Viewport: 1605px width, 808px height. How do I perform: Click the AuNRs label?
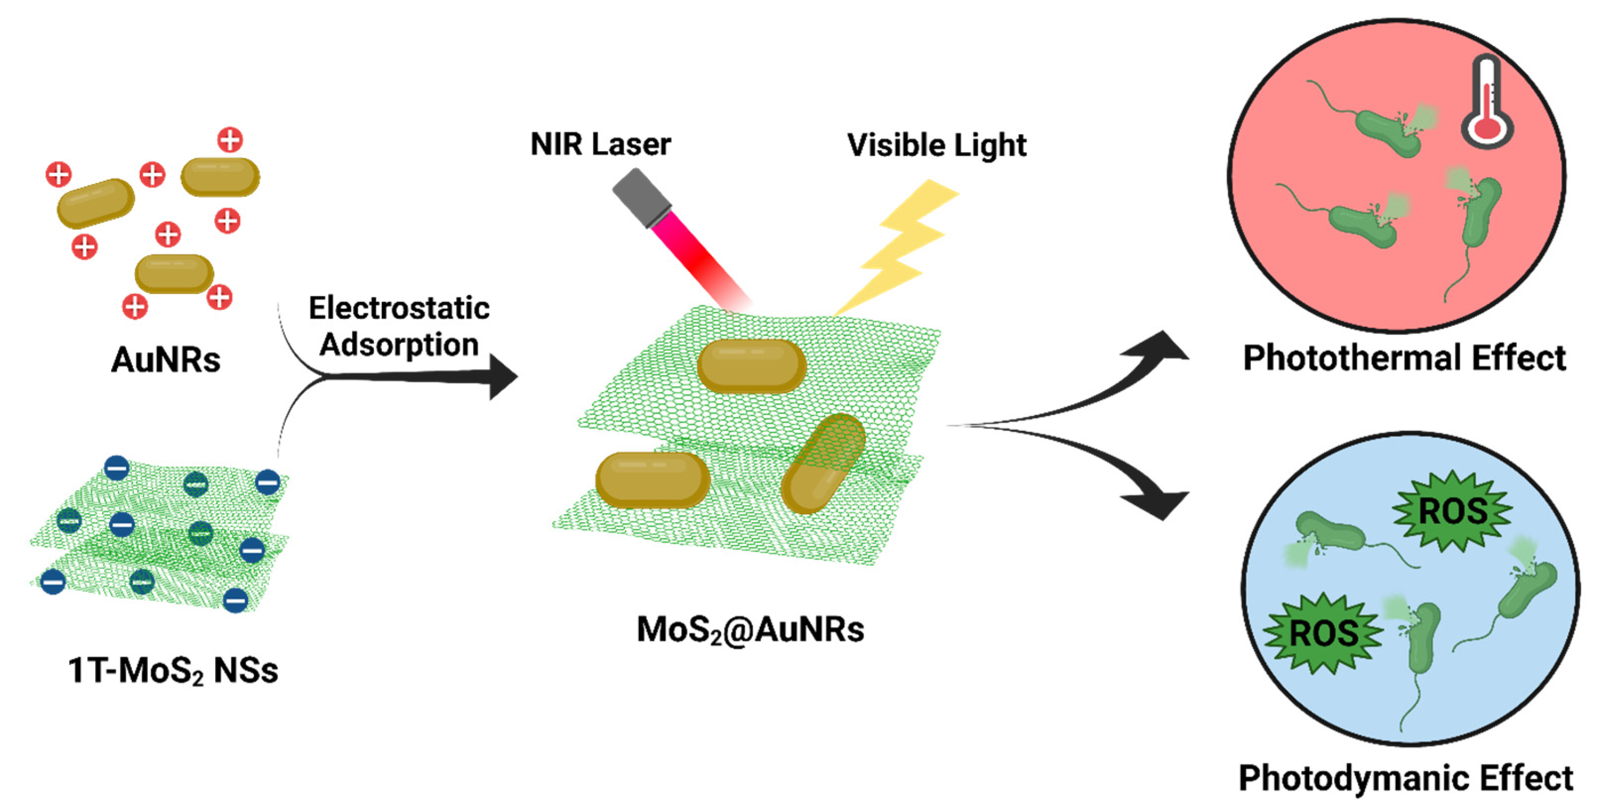[x=166, y=359]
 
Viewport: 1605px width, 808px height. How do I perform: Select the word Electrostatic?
[x=399, y=308]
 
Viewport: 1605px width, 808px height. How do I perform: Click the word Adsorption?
[x=399, y=345]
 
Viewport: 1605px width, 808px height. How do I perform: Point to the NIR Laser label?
[x=600, y=145]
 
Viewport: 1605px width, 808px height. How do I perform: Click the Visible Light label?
[x=936, y=146]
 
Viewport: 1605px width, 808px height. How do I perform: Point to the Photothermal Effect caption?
[x=1404, y=358]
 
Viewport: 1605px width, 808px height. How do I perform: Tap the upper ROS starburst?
[x=1452, y=511]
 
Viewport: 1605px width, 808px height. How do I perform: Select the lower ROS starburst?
[x=1323, y=634]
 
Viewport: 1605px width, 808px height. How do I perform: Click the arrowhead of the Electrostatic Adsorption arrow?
[x=502, y=377]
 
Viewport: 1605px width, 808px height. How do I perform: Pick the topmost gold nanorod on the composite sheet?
[x=751, y=366]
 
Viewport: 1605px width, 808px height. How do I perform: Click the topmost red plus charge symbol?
[x=230, y=140]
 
